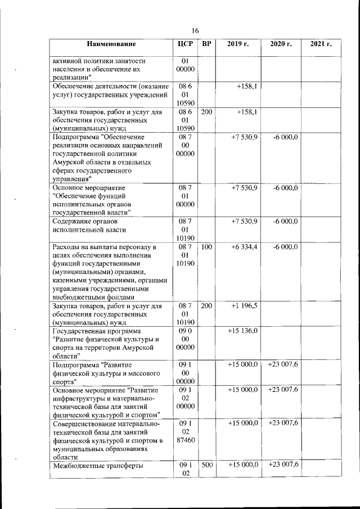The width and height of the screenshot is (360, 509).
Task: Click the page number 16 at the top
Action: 195,30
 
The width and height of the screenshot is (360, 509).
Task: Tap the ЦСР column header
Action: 185,44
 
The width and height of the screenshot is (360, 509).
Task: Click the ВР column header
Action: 206,44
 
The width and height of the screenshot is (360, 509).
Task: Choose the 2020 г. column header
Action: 281,44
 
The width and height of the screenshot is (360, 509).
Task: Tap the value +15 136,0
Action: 242,331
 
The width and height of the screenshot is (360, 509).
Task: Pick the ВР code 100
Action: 206,247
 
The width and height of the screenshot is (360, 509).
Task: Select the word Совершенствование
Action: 92,424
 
